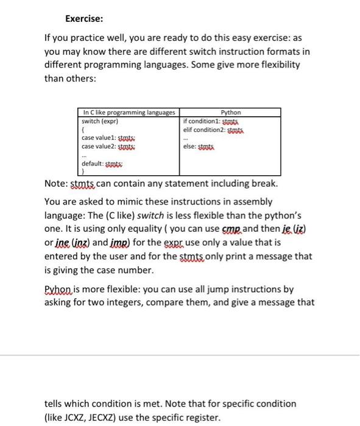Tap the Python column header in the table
click(x=231, y=112)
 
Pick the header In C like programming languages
click(x=129, y=112)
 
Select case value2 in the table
click(x=101, y=147)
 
